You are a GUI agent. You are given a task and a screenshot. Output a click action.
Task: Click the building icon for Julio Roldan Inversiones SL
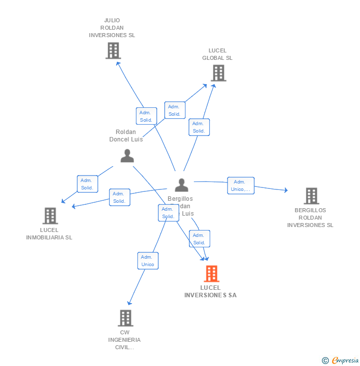point(113,50)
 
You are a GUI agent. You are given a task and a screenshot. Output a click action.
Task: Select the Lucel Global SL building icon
point(218,73)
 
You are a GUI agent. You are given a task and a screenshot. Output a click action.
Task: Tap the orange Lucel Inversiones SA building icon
point(211,274)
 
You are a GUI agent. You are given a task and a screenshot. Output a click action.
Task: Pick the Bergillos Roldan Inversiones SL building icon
point(311,196)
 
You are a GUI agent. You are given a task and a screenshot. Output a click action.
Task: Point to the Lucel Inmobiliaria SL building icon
point(50,216)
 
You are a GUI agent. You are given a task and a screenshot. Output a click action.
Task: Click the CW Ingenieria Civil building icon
point(126,318)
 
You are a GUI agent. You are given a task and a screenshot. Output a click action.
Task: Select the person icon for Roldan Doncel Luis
point(127,156)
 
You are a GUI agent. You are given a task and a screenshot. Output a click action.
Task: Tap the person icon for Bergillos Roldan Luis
point(181,185)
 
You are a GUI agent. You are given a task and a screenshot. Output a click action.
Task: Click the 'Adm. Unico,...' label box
point(241,185)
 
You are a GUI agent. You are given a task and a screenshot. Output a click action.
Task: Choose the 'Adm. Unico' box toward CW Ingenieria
point(148,261)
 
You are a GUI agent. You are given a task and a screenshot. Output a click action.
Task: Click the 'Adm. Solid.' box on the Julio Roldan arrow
point(146,116)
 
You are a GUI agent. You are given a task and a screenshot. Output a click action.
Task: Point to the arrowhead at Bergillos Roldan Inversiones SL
point(285,190)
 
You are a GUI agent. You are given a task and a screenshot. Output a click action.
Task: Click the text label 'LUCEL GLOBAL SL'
point(217,54)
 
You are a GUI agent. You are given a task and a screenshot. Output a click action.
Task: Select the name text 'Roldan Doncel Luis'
point(126,136)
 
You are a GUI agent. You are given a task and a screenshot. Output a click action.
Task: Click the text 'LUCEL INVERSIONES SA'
point(211,291)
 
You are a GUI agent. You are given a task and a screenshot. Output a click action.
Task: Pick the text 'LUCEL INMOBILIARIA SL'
point(49,233)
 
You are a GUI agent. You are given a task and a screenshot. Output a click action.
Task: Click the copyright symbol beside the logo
point(325,361)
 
